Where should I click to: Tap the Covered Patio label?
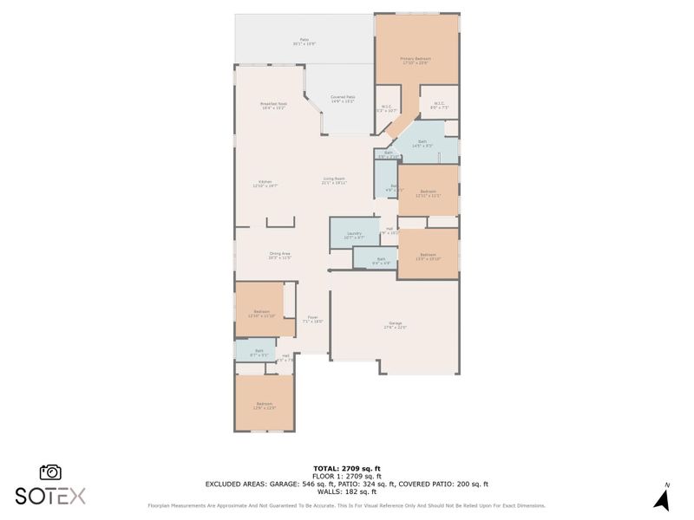tap(344, 99)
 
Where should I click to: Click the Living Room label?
tap(335, 180)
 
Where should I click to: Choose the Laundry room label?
tap(354, 235)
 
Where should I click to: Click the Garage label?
tap(396, 327)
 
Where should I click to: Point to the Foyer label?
tap(312, 320)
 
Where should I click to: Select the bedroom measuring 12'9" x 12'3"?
tap(265, 406)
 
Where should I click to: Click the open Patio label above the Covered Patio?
tap(304, 41)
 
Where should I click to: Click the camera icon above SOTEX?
tap(50, 472)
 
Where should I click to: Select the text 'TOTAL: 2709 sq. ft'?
tap(346, 469)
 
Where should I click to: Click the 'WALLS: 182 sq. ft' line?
tap(346, 492)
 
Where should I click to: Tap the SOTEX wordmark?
tap(50, 496)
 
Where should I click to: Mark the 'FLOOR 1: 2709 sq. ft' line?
tap(346, 477)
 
